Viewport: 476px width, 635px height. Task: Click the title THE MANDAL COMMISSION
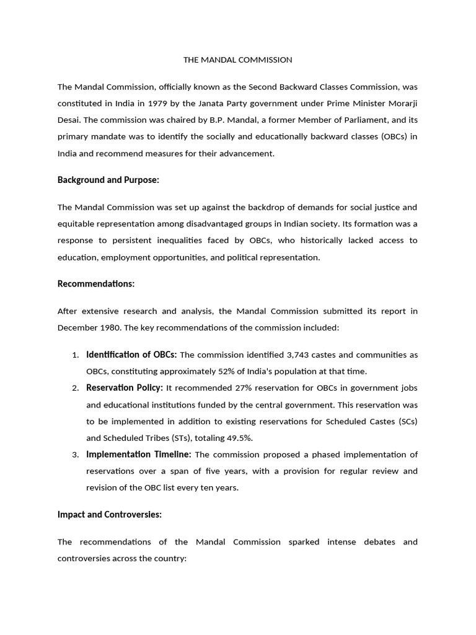click(x=237, y=60)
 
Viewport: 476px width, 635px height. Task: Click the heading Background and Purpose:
click(x=108, y=180)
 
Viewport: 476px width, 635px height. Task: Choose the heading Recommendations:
click(x=95, y=284)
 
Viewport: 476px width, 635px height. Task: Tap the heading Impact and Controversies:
click(x=109, y=515)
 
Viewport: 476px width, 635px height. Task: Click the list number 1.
click(x=74, y=355)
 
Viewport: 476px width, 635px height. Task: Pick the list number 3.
click(x=74, y=455)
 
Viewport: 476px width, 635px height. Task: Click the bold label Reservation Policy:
click(x=125, y=388)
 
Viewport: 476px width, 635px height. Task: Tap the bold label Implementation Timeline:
click(x=139, y=455)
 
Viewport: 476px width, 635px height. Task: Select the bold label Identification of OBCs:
click(x=131, y=355)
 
